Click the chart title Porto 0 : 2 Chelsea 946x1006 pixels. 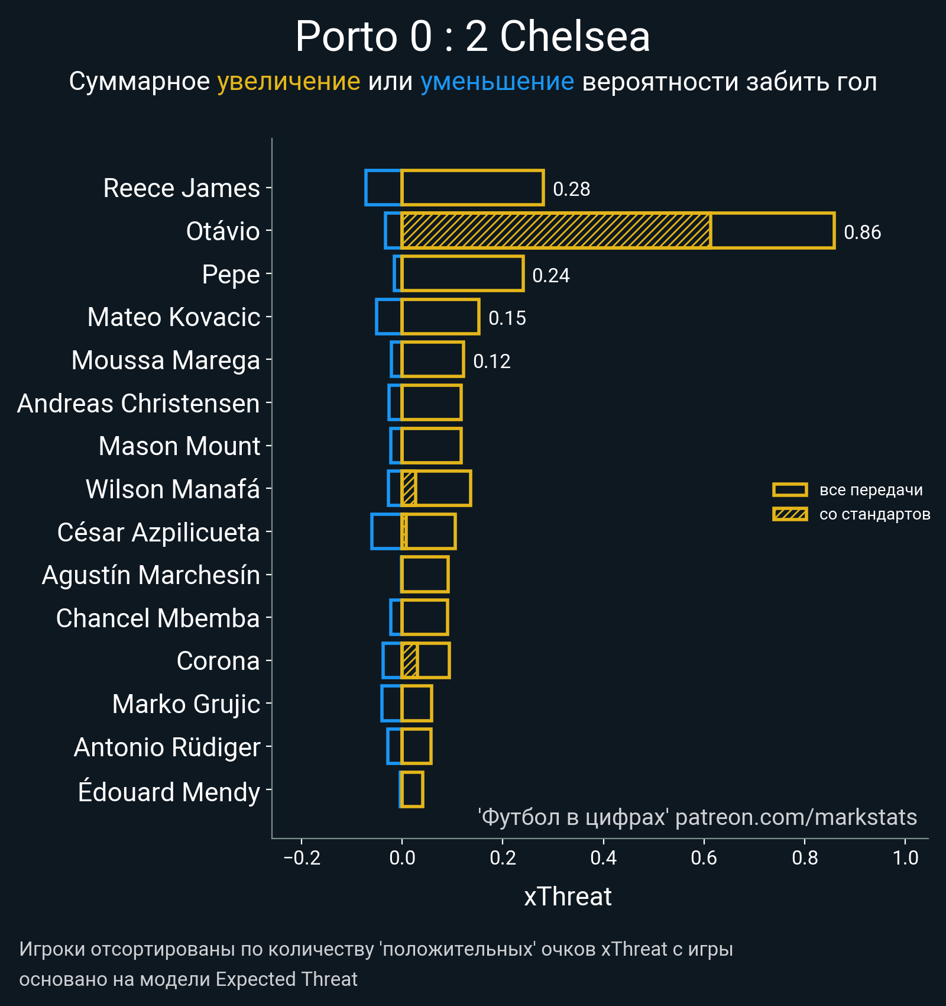coord(472,37)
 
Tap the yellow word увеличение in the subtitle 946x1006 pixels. coord(289,82)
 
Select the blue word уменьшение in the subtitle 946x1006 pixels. coord(497,82)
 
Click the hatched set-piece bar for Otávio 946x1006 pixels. coord(556,231)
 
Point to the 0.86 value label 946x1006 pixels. coord(862,233)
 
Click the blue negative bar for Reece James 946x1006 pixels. coord(383,188)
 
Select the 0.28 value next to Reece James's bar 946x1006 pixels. coord(571,189)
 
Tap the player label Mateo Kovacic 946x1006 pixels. coord(174,317)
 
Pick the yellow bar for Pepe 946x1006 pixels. coord(462,274)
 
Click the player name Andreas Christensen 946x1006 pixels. coord(138,404)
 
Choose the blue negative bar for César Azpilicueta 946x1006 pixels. coord(386,531)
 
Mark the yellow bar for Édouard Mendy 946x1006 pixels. coord(412,789)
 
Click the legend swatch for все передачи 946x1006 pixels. coord(790,490)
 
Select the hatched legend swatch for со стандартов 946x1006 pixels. coord(790,514)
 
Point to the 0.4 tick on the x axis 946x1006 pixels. coord(603,857)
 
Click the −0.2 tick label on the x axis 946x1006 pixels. coord(302,857)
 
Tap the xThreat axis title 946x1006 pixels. coord(568,897)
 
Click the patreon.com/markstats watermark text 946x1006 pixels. coord(796,817)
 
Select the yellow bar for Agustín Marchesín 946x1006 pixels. coord(425,575)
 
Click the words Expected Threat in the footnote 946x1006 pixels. coord(286,979)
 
